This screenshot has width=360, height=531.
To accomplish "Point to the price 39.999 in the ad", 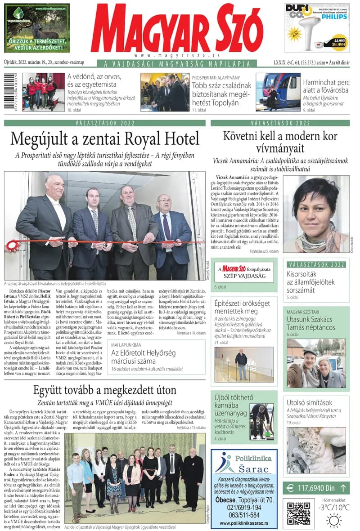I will pyautogui.click(x=338, y=45).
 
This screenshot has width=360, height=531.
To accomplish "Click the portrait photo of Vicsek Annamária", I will pyautogui.click(x=315, y=214).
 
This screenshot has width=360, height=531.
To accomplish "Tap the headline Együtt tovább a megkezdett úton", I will pyautogui.click(x=104, y=390).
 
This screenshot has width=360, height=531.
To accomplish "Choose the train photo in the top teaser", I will pyautogui.click(x=278, y=92).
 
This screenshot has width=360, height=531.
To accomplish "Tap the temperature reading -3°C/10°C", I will pyautogui.click(x=333, y=507).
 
